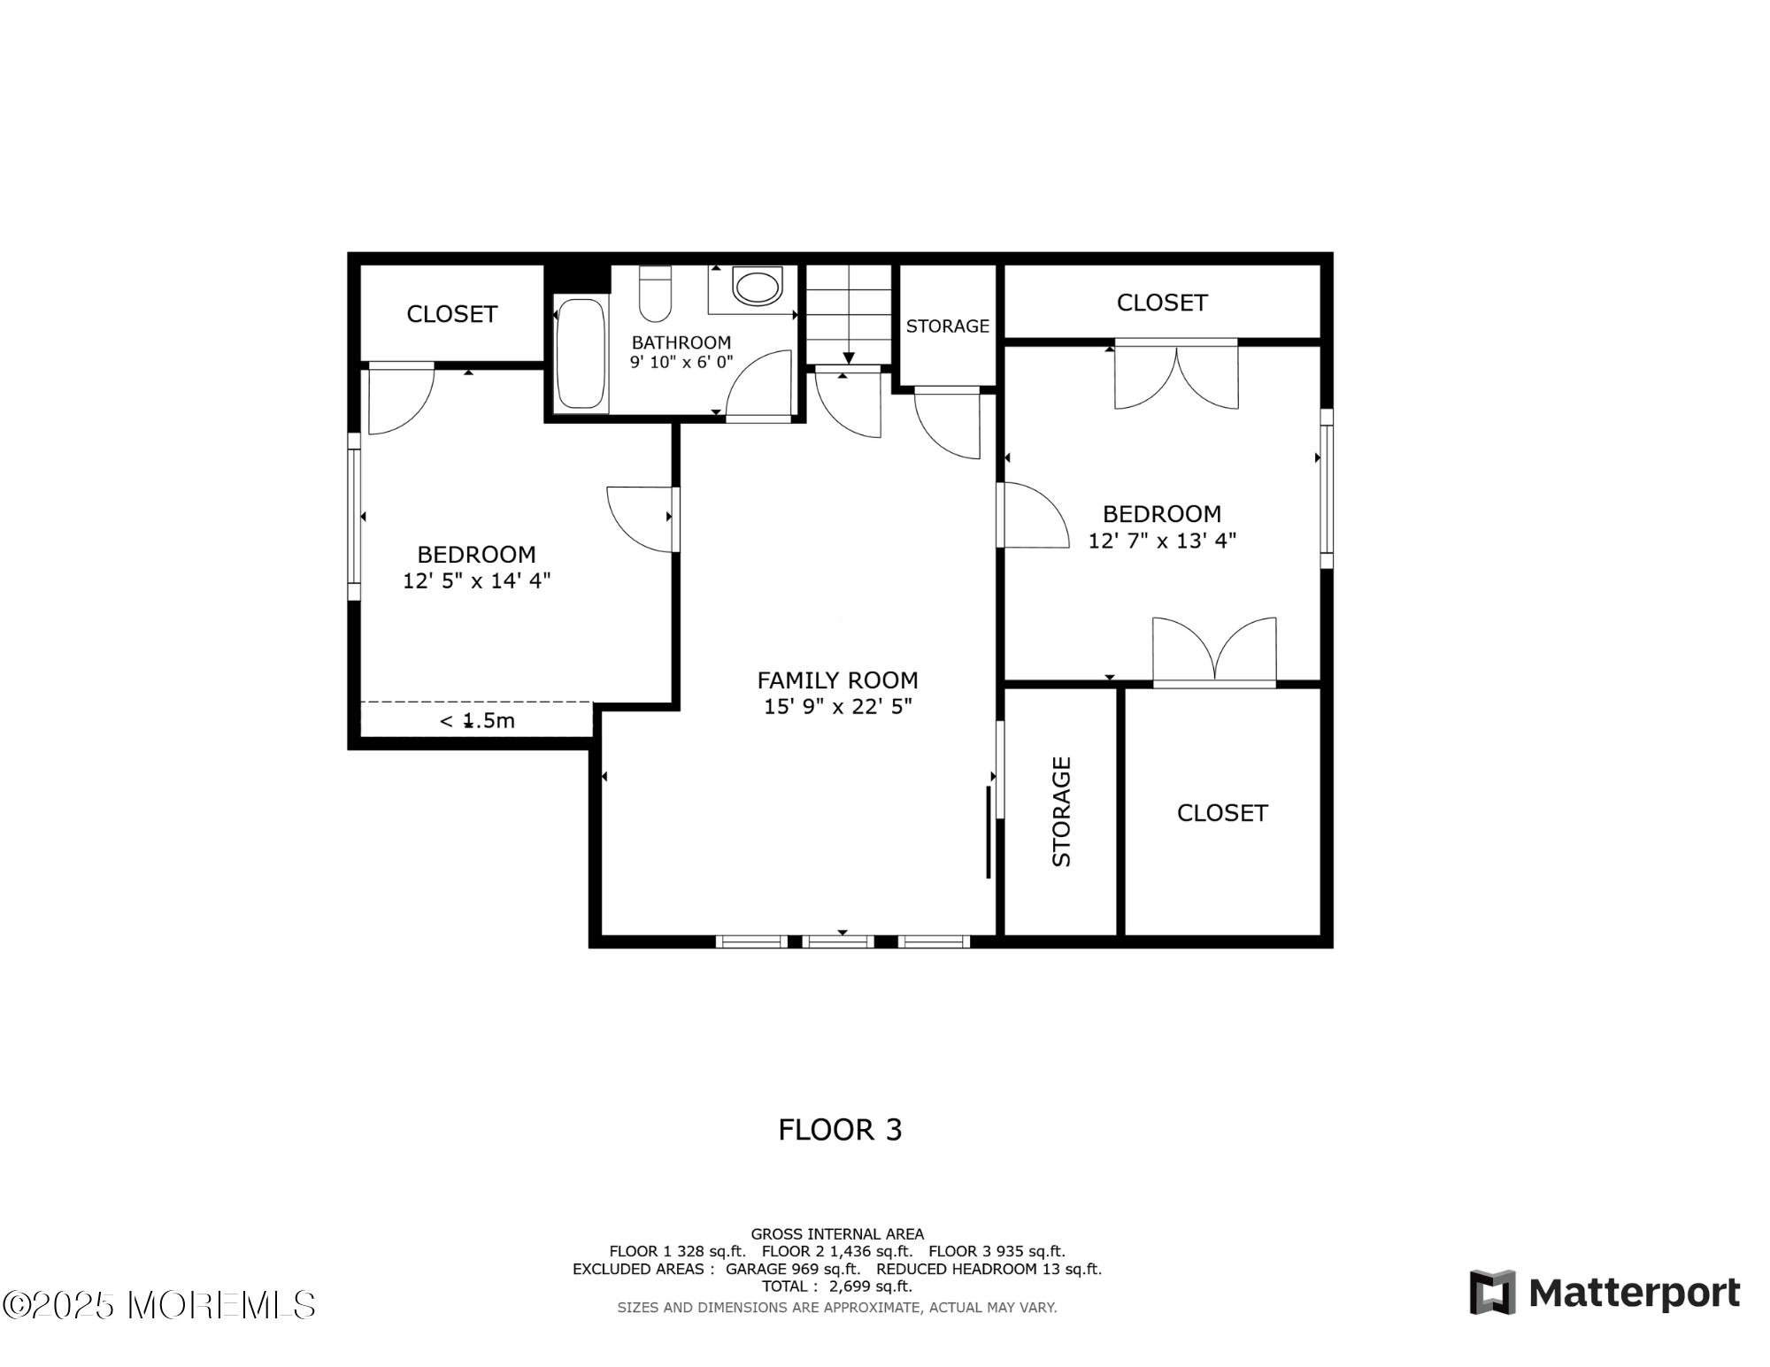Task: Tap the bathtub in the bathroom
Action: (581, 353)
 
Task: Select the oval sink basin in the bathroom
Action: (758, 288)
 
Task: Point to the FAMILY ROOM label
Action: (837, 680)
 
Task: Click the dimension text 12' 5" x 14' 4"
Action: (476, 580)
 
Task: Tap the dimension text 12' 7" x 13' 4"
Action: (1162, 540)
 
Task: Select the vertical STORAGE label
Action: (1061, 811)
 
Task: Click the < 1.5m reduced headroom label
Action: (477, 720)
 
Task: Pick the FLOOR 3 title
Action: (840, 1130)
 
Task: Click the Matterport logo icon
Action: (1492, 1293)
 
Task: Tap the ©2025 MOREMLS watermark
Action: (159, 1305)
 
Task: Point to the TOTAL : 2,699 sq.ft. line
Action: (837, 1286)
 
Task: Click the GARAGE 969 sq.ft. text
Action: (793, 1269)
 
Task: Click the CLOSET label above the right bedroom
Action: (1162, 303)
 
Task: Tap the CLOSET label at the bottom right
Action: (1222, 813)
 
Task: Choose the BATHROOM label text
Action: (681, 342)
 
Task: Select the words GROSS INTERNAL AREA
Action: (837, 1233)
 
